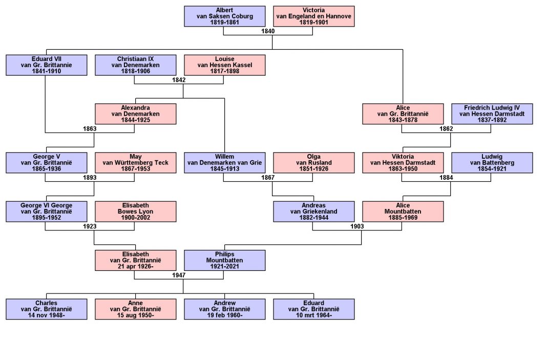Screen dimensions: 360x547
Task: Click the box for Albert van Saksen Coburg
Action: [224, 16]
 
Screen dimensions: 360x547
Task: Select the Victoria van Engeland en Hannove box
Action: [313, 16]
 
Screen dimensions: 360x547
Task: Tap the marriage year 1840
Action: [268, 31]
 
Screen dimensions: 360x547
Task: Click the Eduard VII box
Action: [46, 65]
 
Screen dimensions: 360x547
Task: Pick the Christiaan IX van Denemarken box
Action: [135, 65]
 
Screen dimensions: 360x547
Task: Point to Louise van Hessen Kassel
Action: [224, 65]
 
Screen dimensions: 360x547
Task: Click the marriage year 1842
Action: [179, 80]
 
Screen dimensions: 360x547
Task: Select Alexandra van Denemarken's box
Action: [135, 114]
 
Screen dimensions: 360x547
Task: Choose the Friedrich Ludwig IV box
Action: [492, 114]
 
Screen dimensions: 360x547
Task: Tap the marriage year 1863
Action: [90, 129]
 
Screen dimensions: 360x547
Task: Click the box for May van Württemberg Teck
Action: [135, 162]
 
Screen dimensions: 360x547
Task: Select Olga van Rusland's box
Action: [313, 162]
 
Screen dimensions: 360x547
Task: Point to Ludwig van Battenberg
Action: [492, 162]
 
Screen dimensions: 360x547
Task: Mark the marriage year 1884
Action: [446, 177]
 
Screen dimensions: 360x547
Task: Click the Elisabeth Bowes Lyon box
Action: [135, 211]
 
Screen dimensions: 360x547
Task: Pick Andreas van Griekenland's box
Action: [313, 211]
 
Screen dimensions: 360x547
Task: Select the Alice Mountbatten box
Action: [403, 211]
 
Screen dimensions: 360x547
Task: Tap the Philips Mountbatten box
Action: [224, 260]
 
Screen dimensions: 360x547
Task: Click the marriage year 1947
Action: [179, 275]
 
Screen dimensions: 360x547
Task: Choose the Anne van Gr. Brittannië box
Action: [135, 309]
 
